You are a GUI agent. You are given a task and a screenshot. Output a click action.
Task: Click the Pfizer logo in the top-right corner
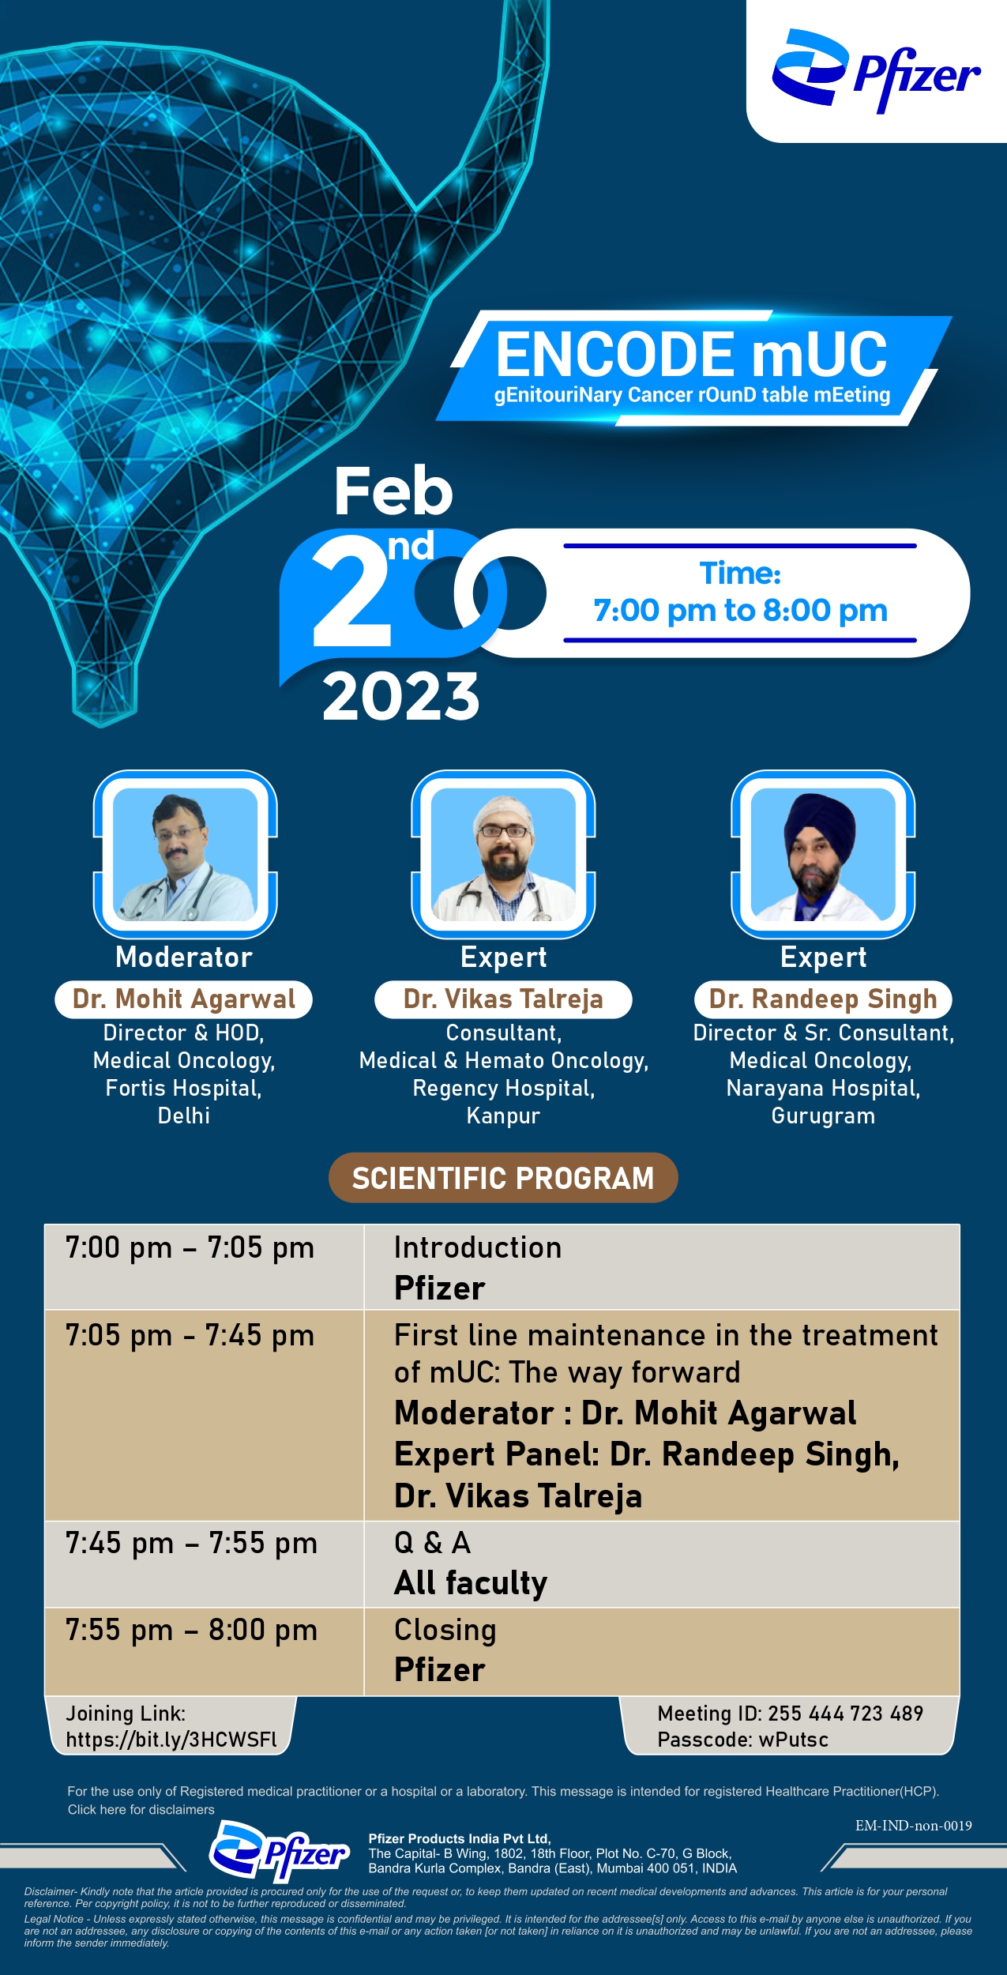click(876, 71)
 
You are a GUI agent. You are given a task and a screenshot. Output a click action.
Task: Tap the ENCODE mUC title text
click(691, 354)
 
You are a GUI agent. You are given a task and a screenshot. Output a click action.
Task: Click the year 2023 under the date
click(400, 697)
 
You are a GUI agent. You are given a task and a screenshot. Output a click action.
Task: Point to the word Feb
click(393, 491)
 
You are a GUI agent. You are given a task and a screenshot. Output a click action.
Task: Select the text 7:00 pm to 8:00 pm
click(741, 611)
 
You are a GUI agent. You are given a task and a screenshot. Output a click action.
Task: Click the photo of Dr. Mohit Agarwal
click(186, 854)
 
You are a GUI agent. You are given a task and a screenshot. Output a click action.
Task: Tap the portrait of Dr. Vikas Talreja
click(503, 854)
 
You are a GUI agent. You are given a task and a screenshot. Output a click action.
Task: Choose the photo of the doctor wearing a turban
click(823, 854)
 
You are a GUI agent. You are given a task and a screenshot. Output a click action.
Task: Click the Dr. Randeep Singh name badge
click(823, 999)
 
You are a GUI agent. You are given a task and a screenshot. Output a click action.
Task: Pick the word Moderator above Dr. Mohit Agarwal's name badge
click(184, 957)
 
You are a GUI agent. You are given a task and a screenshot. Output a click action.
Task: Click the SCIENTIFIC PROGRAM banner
click(503, 1178)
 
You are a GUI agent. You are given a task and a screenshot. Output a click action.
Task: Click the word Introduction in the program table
click(478, 1248)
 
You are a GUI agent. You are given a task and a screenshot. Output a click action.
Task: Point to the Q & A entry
click(432, 1543)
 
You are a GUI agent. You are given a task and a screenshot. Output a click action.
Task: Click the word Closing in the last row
click(445, 1631)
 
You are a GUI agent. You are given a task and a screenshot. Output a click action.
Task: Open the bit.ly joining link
click(171, 1740)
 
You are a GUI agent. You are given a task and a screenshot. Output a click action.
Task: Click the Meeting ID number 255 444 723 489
click(846, 1714)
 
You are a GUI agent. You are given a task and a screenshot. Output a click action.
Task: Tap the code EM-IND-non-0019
click(914, 1826)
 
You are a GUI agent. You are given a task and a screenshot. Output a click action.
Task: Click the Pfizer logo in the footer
click(279, 1853)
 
